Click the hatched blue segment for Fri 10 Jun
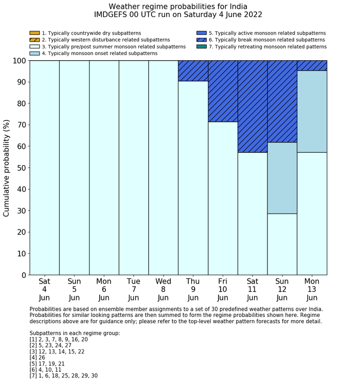tap(223, 91)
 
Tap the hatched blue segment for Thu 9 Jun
tap(193, 70)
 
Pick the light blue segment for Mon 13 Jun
tap(312, 111)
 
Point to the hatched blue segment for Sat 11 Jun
tap(253, 106)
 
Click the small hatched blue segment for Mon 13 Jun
tap(312, 65)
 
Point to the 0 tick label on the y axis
tap(24, 275)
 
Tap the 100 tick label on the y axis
tap(18, 61)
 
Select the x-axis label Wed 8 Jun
tap(164, 289)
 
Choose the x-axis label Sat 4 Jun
tap(44, 289)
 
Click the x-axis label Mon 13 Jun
tap(312, 289)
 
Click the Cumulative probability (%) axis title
tap(7, 168)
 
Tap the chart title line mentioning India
tap(178, 6)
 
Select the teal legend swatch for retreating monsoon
tap(201, 47)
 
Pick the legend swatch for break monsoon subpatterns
tap(201, 40)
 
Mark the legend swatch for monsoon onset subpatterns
tap(34, 54)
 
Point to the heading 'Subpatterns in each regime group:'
tap(75, 333)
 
